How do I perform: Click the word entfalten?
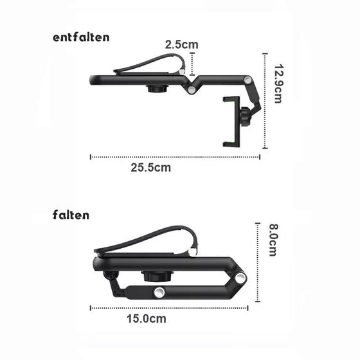82,37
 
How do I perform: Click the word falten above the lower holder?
71,215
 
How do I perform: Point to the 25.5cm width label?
151,168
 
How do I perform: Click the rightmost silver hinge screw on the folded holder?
240,276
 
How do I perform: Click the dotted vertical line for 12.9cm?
264,103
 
